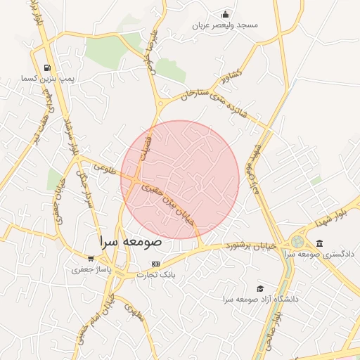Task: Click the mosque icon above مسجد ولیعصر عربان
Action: [x=225, y=14]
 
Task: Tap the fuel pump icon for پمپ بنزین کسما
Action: [x=47, y=68]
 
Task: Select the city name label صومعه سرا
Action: [x=131, y=241]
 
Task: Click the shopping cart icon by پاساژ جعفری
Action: [x=90, y=258]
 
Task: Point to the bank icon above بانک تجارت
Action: [x=155, y=264]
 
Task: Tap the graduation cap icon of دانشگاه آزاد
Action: [x=260, y=288]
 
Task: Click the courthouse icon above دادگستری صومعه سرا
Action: [x=320, y=243]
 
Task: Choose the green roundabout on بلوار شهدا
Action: [x=297, y=241]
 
